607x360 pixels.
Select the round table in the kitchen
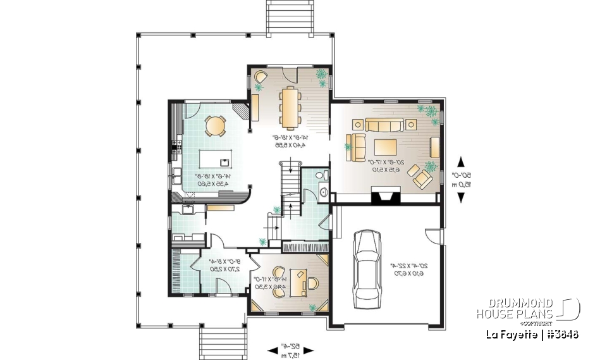click(x=215, y=127)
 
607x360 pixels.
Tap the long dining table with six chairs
click(x=290, y=106)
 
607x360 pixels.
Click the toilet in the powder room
click(x=320, y=175)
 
